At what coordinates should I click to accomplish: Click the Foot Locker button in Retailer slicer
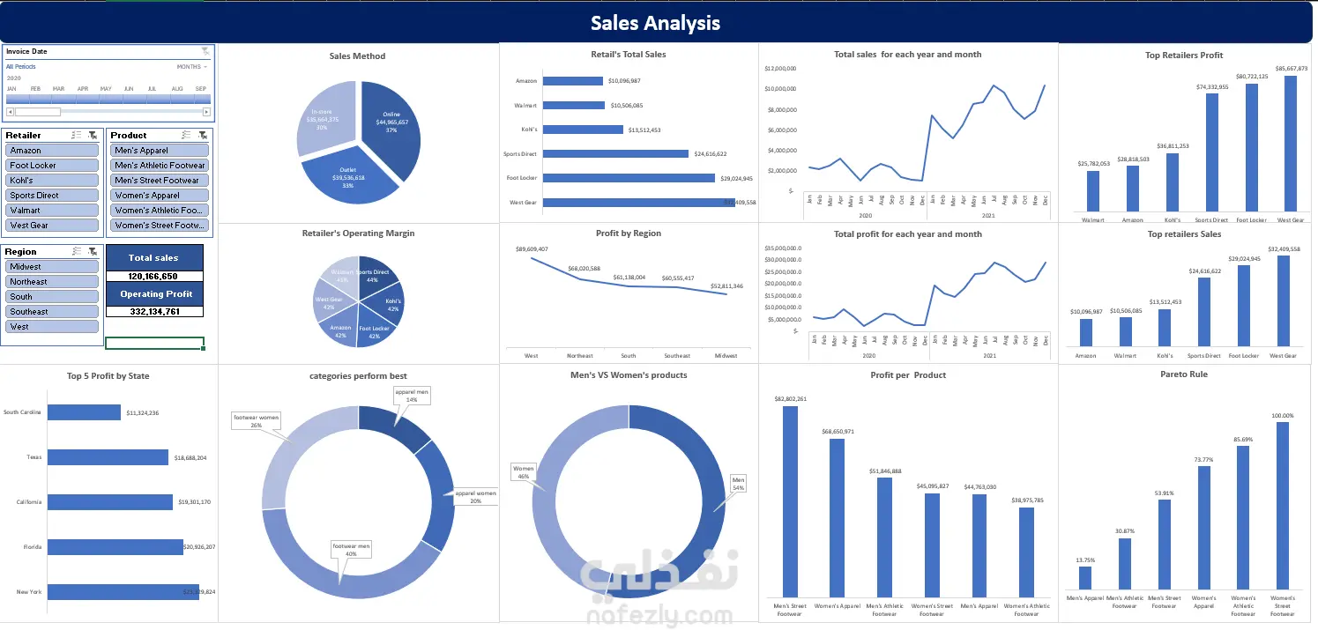[x=52, y=166]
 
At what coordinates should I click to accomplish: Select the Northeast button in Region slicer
[x=52, y=282]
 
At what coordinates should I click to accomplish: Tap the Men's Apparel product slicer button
[x=160, y=151]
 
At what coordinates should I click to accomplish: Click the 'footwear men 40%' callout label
[x=351, y=551]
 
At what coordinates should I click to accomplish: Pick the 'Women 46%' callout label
[x=524, y=471]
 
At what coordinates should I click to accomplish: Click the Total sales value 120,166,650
[x=153, y=276]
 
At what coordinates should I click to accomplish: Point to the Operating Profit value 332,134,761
[x=153, y=311]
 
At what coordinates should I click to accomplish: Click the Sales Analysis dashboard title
[x=655, y=23]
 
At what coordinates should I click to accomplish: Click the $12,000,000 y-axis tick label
[x=781, y=68]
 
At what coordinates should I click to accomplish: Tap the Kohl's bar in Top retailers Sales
[x=1165, y=328]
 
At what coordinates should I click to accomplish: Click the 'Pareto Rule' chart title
[x=1184, y=374]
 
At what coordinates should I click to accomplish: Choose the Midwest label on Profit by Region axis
[x=726, y=356]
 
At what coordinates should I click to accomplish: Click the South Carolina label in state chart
[x=22, y=412]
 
